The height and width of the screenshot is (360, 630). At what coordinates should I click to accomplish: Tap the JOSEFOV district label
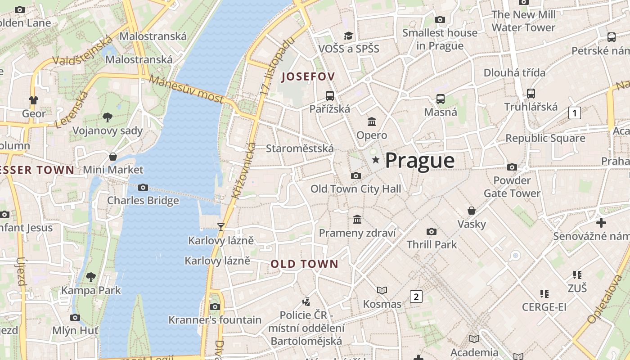coord(308,77)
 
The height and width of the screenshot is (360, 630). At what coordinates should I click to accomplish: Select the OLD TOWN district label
coord(304,264)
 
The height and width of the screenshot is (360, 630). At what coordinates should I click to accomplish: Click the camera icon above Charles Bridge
coord(143,187)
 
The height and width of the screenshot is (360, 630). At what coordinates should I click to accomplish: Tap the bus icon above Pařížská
coord(330,95)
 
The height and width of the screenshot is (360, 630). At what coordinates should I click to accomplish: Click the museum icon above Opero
coord(372,121)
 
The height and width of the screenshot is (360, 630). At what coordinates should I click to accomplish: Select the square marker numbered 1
coord(575,112)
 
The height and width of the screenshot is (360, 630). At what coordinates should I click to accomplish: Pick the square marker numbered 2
coord(416,297)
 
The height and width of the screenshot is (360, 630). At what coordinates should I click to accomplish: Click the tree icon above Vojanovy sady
coord(108,117)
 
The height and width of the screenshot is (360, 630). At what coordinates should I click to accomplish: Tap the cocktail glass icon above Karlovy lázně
coord(221,227)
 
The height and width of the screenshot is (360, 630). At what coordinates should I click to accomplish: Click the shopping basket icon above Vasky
coord(472,211)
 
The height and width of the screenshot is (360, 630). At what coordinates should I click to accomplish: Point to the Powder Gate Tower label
coord(512,187)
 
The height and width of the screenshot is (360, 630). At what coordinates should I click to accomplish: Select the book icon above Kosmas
coord(382,291)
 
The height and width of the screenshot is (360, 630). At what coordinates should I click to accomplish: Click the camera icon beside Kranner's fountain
coord(215,306)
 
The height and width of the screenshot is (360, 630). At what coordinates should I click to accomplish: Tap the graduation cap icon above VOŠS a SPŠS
coord(348,36)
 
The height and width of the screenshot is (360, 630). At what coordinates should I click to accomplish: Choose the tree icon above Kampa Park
coord(91,277)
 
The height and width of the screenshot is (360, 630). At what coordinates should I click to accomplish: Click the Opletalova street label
coord(604,299)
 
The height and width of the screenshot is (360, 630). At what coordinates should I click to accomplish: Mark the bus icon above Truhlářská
coord(531,94)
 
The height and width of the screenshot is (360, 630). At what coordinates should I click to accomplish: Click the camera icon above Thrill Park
coord(432,231)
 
